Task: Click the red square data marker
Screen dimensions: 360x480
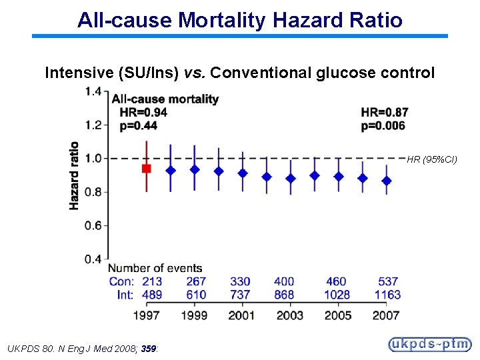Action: pos(147,169)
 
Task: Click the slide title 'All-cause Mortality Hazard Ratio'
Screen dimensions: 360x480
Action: pos(239,20)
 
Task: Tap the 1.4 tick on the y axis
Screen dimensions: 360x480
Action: pos(93,91)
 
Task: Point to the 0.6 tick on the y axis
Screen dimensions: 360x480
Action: pos(93,225)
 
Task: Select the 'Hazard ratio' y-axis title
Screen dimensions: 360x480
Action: pos(74,175)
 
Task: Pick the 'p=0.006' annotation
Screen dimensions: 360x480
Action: pos(383,126)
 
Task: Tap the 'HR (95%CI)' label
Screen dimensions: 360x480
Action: pos(432,159)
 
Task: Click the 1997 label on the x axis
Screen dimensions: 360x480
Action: pos(147,315)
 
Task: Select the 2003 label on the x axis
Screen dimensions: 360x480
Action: pos(289,315)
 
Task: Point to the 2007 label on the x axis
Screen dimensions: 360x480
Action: pos(386,315)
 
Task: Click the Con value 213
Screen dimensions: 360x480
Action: pos(152,282)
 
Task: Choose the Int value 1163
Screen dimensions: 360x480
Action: pos(387,295)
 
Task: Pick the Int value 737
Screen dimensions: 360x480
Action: pos(240,295)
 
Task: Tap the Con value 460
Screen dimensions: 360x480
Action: pos(337,282)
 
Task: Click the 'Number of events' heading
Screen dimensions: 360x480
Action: pos(156,269)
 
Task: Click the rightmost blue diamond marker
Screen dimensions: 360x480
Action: pos(387,181)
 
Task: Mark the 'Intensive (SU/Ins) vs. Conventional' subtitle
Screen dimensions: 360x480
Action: pos(239,73)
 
